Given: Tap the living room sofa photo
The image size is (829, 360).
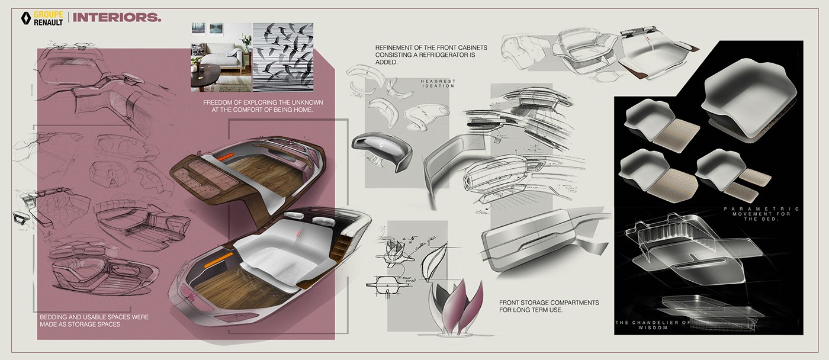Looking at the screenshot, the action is coord(220,57).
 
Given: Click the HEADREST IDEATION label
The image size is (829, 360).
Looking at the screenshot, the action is coord(438,83).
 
